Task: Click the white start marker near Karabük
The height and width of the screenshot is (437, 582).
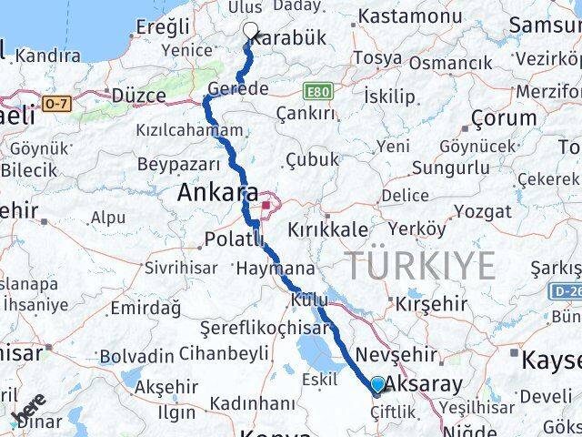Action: point(250,30)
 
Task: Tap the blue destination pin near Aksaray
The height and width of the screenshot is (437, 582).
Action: point(378,386)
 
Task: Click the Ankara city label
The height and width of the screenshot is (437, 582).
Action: point(216,193)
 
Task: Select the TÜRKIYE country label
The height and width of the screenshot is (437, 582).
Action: point(419,265)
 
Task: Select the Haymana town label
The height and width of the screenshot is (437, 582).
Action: point(275,269)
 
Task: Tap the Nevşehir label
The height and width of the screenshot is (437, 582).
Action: point(391,354)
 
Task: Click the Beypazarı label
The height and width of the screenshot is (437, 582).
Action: point(178,164)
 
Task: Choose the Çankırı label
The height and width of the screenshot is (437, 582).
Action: point(305,113)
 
